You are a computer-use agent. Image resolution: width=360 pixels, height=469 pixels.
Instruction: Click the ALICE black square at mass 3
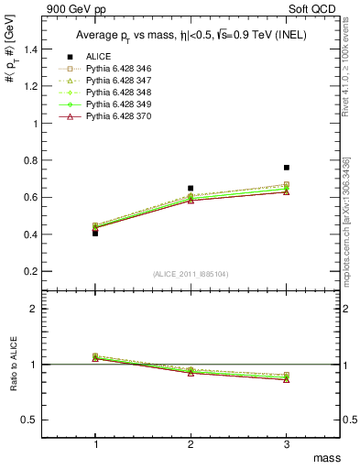point(287,168)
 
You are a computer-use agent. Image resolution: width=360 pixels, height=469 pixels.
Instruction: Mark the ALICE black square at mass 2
point(191,188)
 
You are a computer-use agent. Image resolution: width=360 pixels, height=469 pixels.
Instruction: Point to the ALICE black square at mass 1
point(95,233)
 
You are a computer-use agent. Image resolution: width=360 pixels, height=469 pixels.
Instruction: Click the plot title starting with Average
point(190,35)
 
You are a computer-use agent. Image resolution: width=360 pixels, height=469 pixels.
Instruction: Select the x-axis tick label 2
point(191,443)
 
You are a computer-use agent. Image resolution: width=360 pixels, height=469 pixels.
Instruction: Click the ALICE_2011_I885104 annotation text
point(191,273)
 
